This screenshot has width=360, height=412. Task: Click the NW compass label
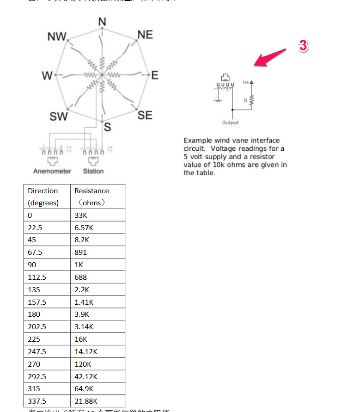coord(57,37)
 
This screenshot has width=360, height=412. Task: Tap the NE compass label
coord(145,35)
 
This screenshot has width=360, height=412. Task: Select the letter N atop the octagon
coord(102,21)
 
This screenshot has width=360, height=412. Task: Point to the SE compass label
coord(145,115)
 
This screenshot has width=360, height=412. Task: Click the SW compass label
coord(59,117)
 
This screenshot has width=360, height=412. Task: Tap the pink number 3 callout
coord(303,45)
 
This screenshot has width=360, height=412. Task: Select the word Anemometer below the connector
coord(52,171)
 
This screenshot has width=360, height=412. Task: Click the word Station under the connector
coord(93,171)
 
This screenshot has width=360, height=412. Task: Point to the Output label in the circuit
coord(231,123)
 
